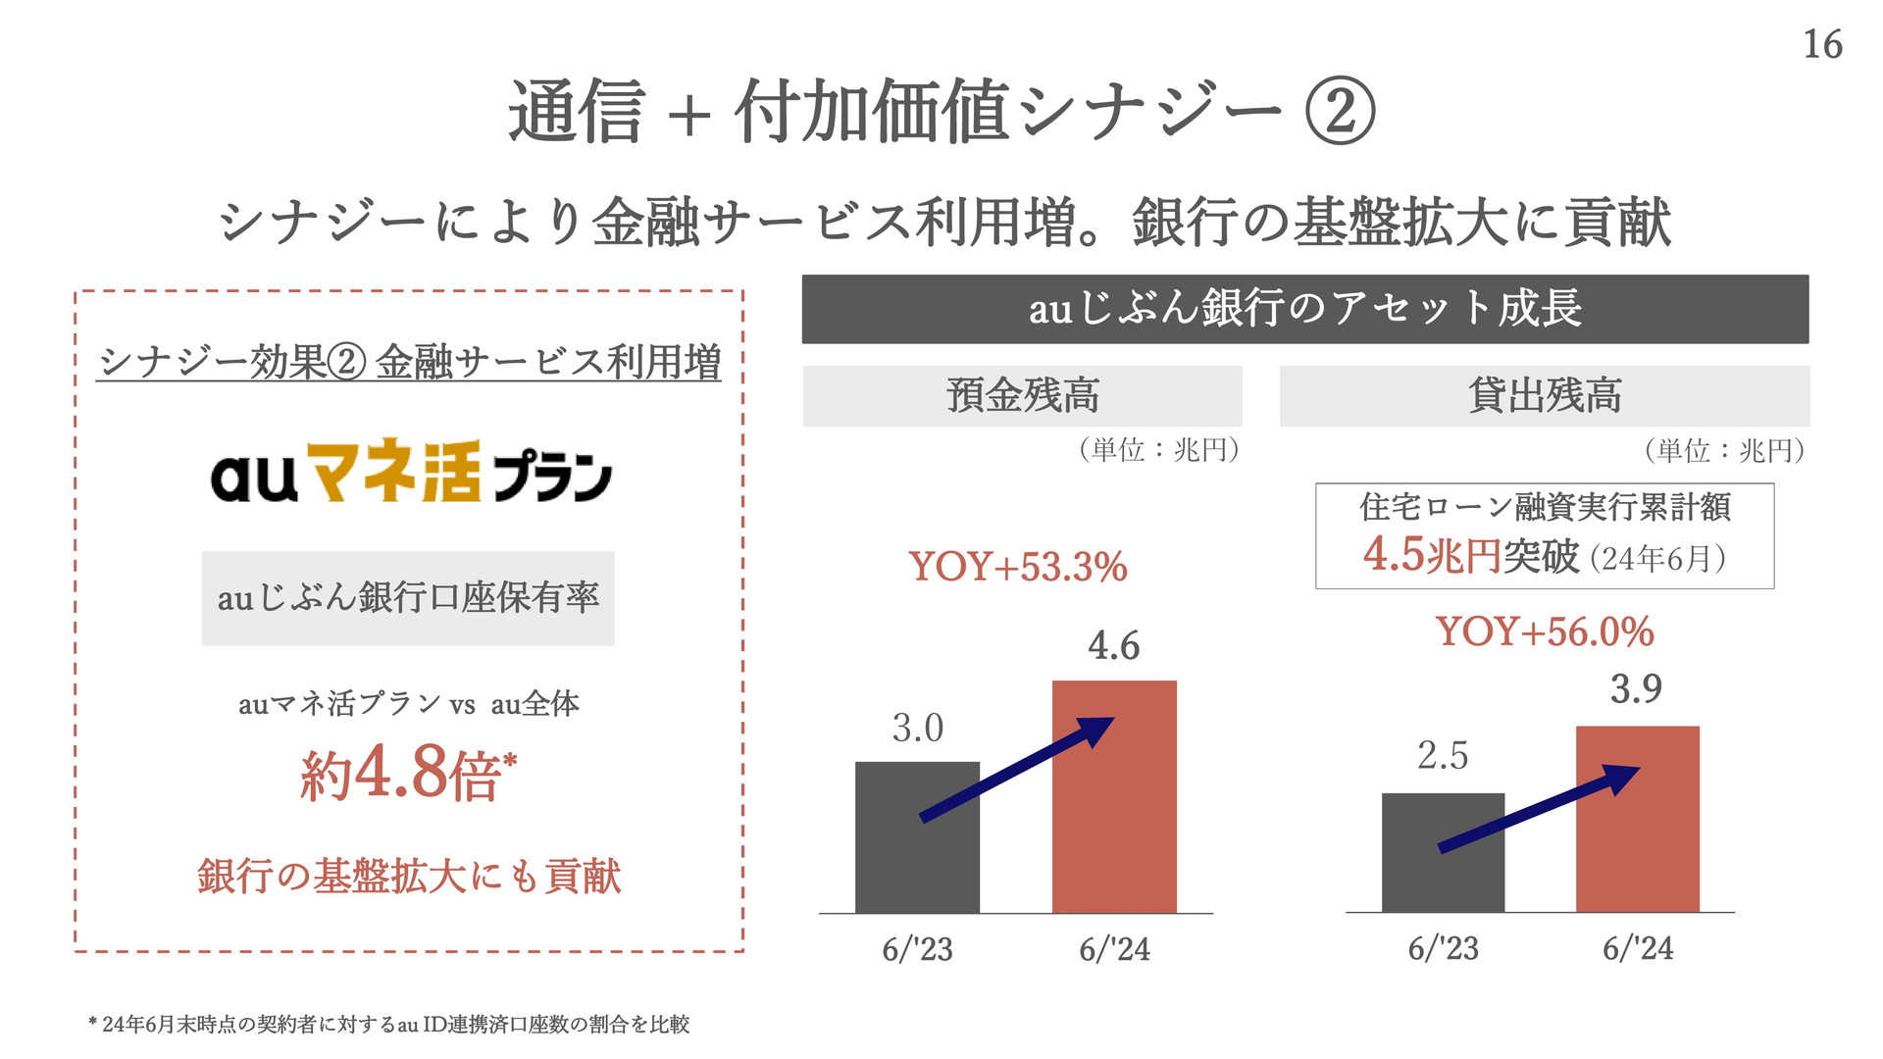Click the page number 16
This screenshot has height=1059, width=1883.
click(x=1822, y=45)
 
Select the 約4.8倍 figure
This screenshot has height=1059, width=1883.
click(x=408, y=773)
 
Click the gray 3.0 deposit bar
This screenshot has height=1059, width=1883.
click(x=917, y=863)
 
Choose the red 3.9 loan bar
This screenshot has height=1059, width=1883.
click(x=1637, y=843)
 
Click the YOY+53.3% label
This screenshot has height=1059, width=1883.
click(x=1018, y=567)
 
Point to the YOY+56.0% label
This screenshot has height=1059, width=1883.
click(x=1545, y=631)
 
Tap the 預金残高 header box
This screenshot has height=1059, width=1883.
click(x=1022, y=396)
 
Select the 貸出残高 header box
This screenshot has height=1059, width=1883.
click(x=1544, y=396)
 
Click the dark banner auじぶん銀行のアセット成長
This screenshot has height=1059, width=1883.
click(x=1304, y=309)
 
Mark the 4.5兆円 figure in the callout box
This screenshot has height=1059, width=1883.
click(x=1431, y=555)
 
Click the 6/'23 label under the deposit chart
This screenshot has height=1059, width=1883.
click(x=917, y=949)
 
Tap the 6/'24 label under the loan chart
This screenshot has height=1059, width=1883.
click(x=1638, y=948)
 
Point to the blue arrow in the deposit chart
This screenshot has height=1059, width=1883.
click(x=1017, y=769)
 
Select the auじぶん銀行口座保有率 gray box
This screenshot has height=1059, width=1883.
click(x=408, y=598)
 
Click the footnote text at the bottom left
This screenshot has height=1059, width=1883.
click(x=389, y=1025)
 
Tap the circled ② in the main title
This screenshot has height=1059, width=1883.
click(x=1340, y=111)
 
